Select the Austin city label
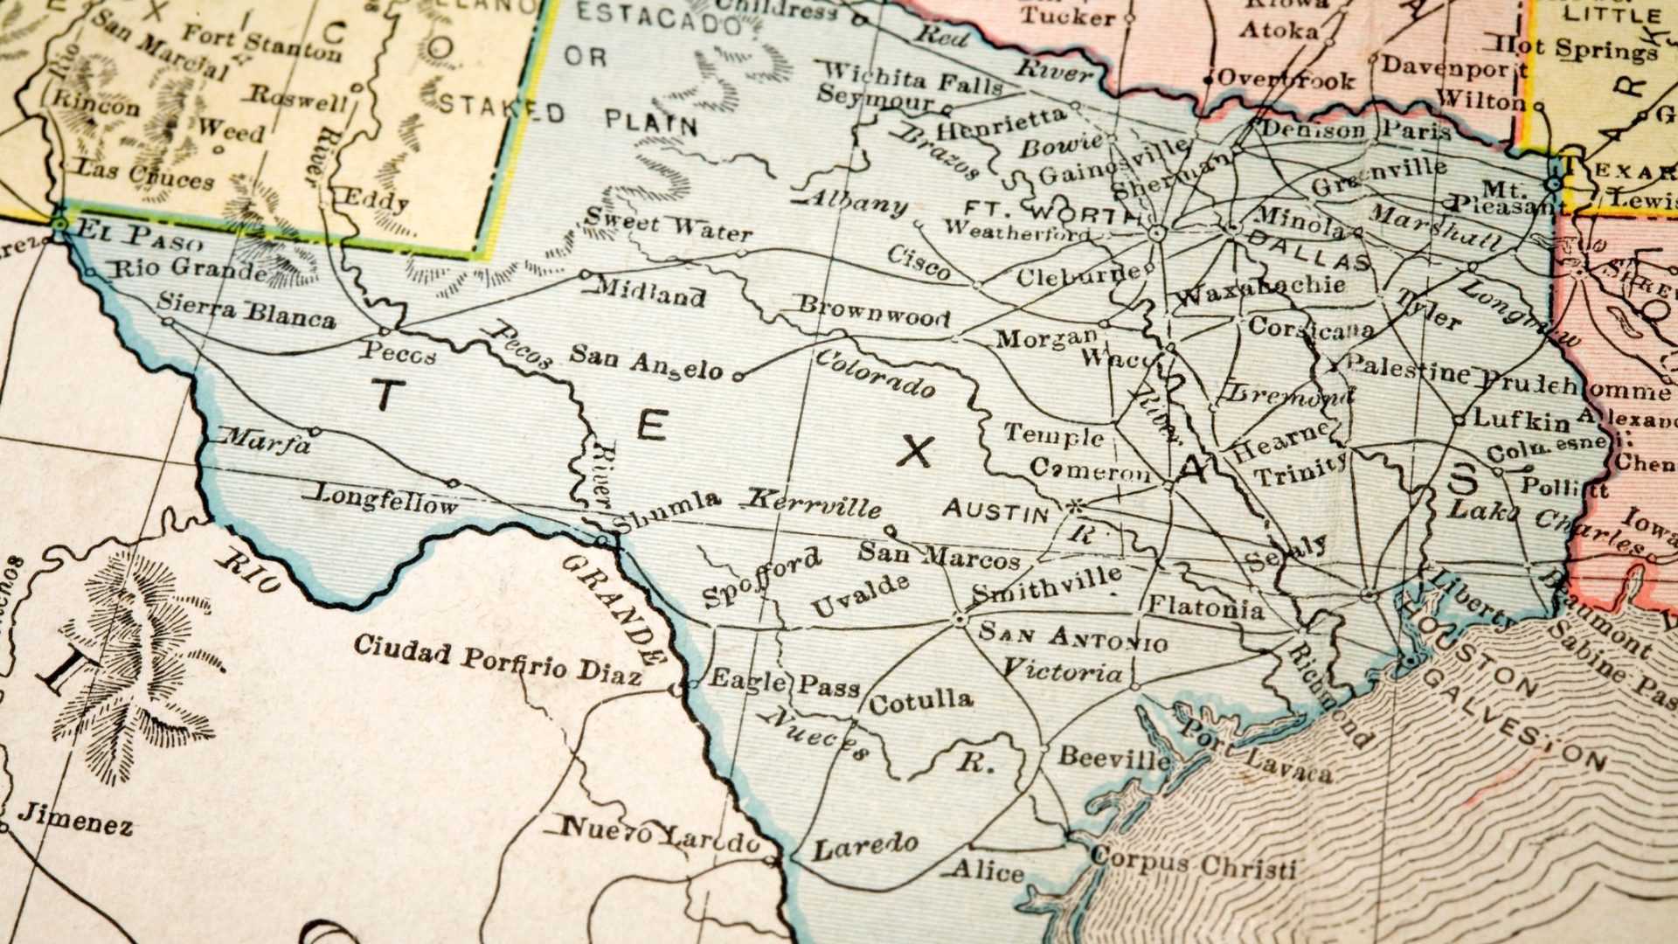pyautogui.click(x=995, y=510)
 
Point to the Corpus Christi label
pyautogui.click(x=1193, y=864)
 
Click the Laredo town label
pyautogui.click(x=865, y=846)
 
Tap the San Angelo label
pyautogui.click(x=646, y=361)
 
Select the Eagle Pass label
pyautogui.click(x=784, y=683)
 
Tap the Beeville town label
pyautogui.click(x=1113, y=757)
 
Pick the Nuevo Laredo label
pyautogui.click(x=661, y=835)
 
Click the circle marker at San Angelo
pyautogui.click(x=738, y=377)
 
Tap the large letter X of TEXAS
pyautogui.click(x=916, y=452)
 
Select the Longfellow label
pyautogui.click(x=385, y=499)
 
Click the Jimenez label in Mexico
pyautogui.click(x=76, y=819)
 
